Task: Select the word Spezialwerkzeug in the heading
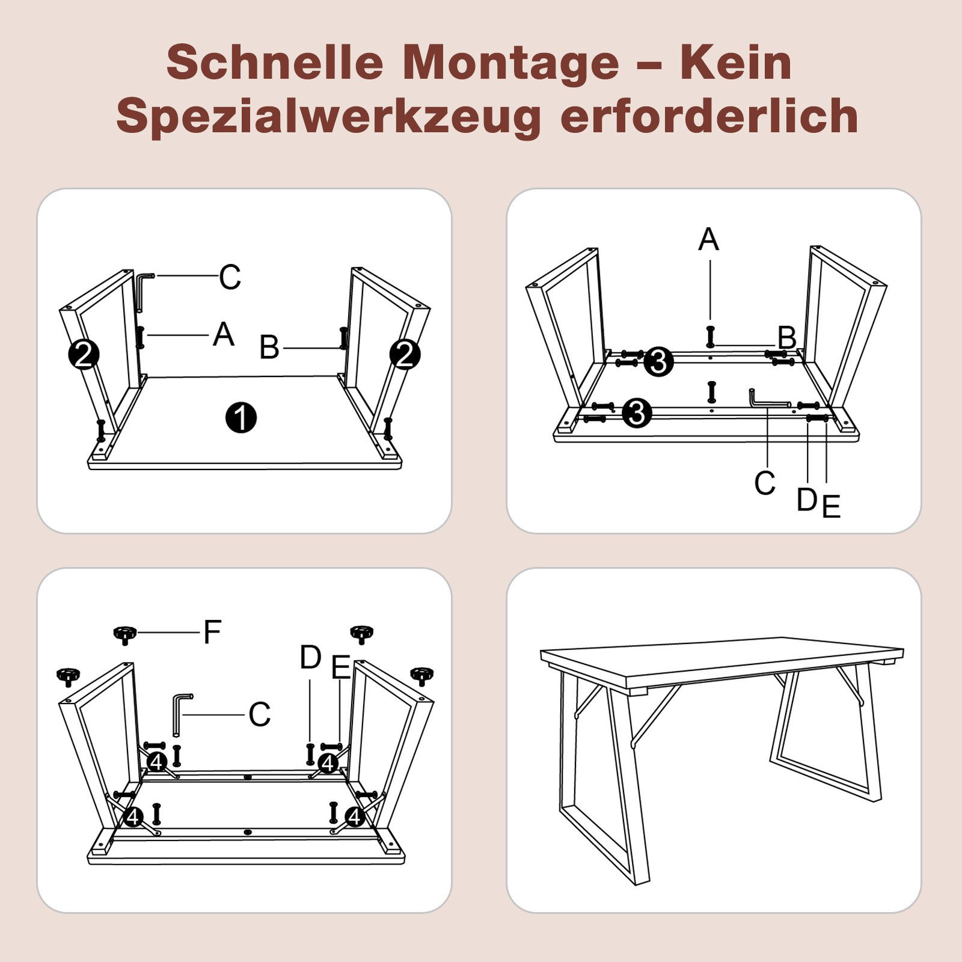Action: pos(328,116)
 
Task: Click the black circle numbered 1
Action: pos(241,418)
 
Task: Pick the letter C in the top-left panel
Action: pos(230,277)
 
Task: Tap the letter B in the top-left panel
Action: pos(269,348)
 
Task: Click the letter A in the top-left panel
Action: pos(223,334)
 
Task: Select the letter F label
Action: pos(212,632)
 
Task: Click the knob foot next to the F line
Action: pos(124,634)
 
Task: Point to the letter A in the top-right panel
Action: pos(708,239)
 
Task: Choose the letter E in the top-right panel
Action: pos(831,506)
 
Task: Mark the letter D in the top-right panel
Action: pos(806,500)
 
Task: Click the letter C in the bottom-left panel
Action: pos(259,714)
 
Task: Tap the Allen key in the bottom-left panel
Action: pos(179,713)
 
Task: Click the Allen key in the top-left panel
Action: pos(142,291)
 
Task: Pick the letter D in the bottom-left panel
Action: pos(310,658)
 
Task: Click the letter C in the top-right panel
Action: pos(764,483)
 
